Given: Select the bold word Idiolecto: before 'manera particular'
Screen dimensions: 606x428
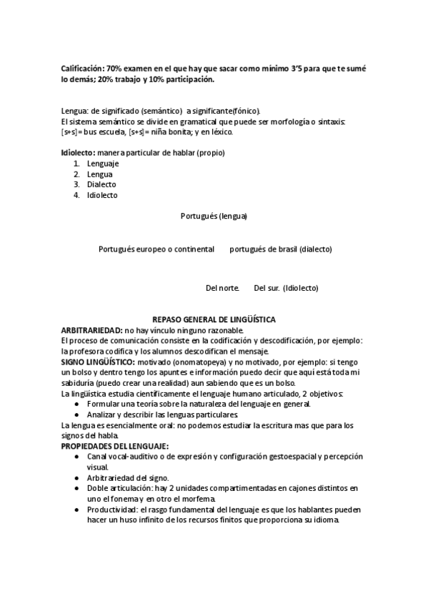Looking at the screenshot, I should (x=78, y=153).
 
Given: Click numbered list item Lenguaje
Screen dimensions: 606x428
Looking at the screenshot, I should (x=102, y=164).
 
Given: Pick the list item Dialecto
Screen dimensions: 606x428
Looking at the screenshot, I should (x=101, y=184).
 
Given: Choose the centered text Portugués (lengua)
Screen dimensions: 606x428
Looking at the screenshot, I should (x=214, y=215).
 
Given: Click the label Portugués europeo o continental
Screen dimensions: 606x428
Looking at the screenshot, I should (x=156, y=249).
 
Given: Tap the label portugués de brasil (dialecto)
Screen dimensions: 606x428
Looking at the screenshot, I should (x=281, y=249).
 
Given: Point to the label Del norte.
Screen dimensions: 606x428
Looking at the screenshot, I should (x=222, y=288).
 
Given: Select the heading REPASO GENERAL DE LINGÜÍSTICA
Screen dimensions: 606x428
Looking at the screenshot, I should (x=214, y=319).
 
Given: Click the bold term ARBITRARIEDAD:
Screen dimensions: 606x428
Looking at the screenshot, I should (x=92, y=330).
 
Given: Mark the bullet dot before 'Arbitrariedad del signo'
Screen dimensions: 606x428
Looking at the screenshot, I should (x=77, y=477).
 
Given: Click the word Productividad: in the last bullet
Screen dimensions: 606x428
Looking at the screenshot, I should (x=115, y=510).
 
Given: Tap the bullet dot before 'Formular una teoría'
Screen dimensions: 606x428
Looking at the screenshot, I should (x=77, y=404).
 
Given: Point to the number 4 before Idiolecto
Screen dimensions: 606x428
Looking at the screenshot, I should (x=76, y=195).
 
